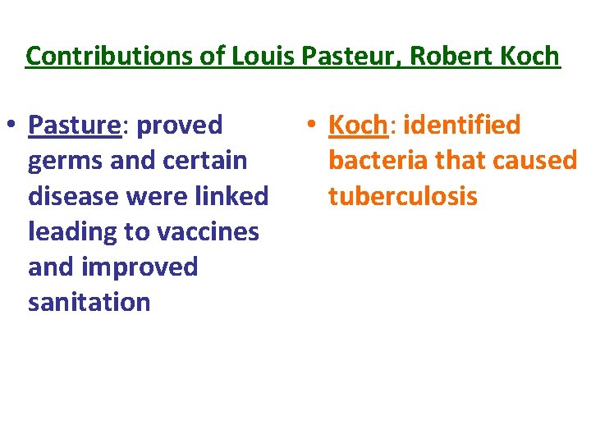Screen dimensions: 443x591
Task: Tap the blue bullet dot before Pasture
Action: pos(13,126)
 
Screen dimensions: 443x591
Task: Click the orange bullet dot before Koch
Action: pos(313,126)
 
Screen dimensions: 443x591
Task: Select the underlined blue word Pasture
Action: pos(75,126)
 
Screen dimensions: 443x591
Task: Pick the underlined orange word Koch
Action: pos(358,126)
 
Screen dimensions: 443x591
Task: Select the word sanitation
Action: pos(89,302)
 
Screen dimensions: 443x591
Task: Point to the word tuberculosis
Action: pos(402,196)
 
